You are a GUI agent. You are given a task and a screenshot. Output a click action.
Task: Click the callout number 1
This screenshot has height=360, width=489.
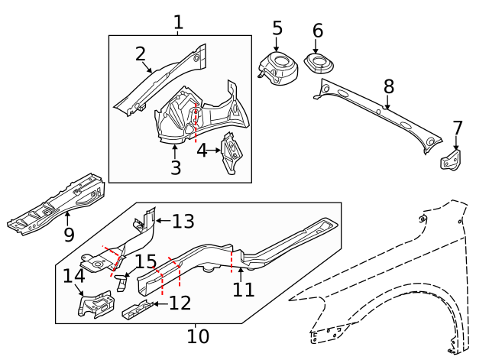tap(178, 22)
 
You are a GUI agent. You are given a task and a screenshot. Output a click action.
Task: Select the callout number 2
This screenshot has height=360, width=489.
tap(141, 54)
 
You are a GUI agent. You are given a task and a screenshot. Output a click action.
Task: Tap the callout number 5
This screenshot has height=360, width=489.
tap(277, 28)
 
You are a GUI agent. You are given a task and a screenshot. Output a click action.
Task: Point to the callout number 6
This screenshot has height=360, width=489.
tap(318, 31)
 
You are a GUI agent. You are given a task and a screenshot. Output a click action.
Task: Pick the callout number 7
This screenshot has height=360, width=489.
tap(458, 128)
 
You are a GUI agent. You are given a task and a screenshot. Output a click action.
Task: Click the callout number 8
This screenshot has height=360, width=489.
tap(388, 86)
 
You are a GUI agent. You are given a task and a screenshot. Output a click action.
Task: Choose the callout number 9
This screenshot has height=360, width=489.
tap(69, 235)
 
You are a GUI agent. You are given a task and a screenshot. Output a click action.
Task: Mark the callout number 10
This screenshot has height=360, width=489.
tap(197, 336)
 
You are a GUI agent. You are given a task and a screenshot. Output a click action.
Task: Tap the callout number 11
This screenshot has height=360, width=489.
tap(243, 290)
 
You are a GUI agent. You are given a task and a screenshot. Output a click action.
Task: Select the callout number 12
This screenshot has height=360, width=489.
tap(180, 303)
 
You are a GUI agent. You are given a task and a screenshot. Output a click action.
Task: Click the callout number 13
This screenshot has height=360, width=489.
tap(183, 222)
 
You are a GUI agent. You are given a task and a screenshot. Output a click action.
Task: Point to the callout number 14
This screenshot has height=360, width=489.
tap(73, 276)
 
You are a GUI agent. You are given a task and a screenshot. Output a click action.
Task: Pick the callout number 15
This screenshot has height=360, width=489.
tap(145, 261)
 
